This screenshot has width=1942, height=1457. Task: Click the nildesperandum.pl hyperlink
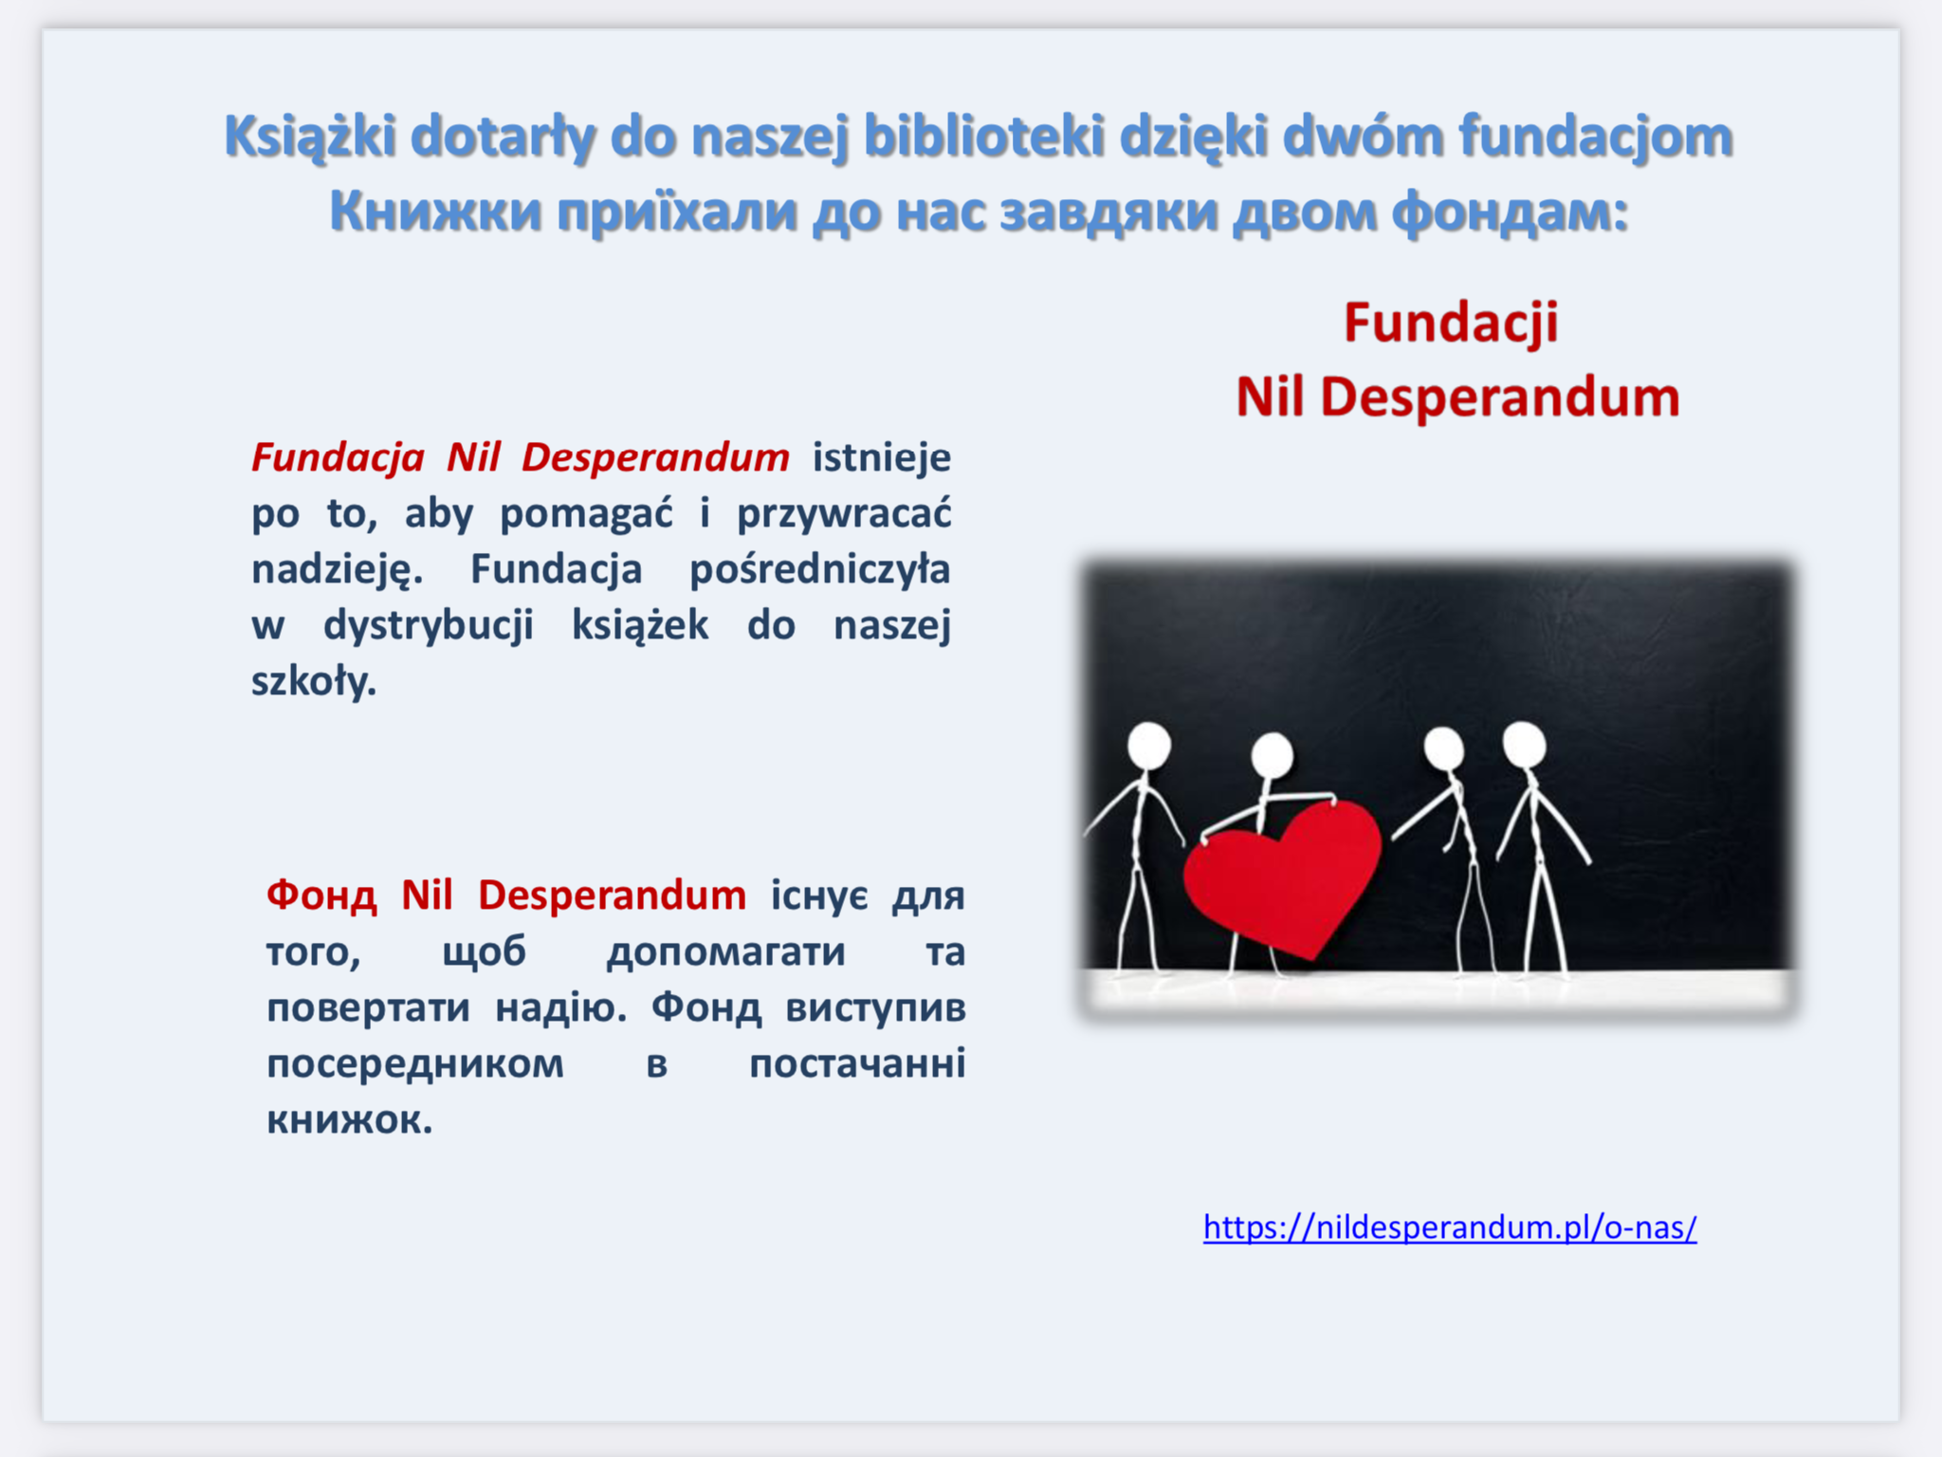pos(1450,1227)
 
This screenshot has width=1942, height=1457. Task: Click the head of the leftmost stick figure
pos(1149,746)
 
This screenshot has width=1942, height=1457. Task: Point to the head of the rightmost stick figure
pos(1525,744)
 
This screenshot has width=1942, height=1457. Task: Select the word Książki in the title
pos(310,137)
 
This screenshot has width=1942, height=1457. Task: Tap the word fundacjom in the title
pos(1596,137)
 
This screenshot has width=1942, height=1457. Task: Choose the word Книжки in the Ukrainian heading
pos(436,212)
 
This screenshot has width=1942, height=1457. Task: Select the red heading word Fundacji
pos(1451,323)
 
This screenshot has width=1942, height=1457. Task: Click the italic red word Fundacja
pos(338,457)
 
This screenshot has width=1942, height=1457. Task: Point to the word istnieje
pos(882,457)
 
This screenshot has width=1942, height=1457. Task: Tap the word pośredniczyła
pos(819,569)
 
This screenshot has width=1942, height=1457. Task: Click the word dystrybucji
pos(429,625)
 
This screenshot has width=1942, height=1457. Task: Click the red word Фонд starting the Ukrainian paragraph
pos(321,895)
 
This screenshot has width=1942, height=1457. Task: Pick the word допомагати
pos(725,951)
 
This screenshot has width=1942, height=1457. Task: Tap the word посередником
pos(415,1063)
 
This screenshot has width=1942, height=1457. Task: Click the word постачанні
pos(857,1063)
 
